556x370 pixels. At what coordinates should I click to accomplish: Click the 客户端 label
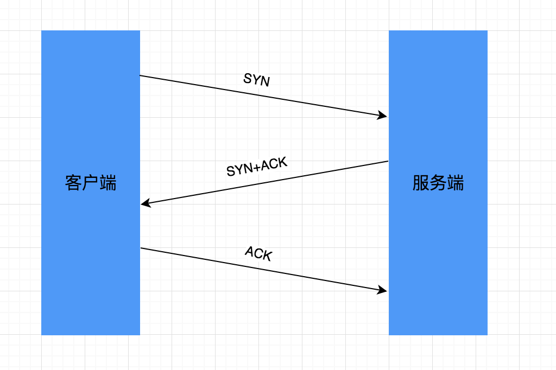pos(91,183)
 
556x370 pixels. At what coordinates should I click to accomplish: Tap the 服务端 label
pos(438,183)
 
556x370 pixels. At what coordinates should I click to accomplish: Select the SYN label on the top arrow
pos(256,80)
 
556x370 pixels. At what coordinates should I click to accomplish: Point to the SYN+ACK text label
pos(256,167)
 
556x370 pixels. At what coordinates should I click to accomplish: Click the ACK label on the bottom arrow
pos(258,253)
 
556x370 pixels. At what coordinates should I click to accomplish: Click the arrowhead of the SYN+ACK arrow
pos(144,204)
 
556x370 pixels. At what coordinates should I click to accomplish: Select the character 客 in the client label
pos(73,183)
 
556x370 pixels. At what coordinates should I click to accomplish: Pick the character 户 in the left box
pos(91,183)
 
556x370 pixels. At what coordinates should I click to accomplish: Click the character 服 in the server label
pos(421,183)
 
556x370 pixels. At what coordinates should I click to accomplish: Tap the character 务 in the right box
pos(438,183)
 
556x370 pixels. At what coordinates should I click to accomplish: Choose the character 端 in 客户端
pos(108,183)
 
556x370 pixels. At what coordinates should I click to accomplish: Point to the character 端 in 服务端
pos(456,183)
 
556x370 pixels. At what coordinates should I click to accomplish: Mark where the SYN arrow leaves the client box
pos(141,75)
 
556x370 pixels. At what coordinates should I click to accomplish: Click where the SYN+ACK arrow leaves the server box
pos(388,161)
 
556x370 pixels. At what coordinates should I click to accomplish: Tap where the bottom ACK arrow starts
pos(141,248)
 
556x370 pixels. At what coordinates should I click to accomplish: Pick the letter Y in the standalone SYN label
pos(256,80)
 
